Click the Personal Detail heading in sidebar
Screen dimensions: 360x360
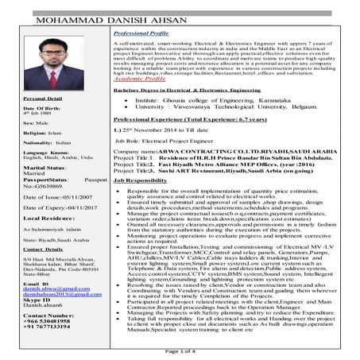(x=29, y=121)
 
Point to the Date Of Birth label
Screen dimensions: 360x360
(x=28, y=130)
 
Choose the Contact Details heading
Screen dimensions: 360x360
(x=29, y=271)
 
